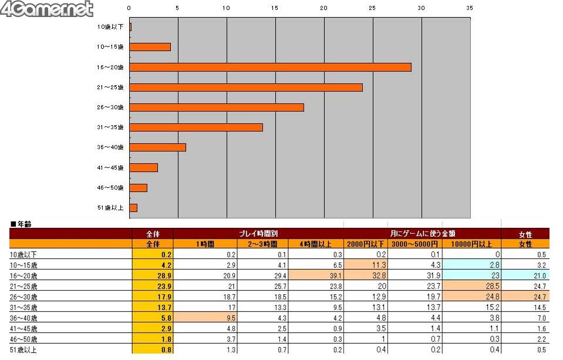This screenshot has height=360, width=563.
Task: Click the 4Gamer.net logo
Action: click(47, 9)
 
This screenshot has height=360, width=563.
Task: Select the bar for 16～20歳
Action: click(270, 67)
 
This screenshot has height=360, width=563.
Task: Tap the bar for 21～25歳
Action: click(245, 88)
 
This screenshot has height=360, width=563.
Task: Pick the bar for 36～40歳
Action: click(157, 147)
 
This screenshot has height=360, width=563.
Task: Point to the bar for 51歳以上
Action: click(133, 207)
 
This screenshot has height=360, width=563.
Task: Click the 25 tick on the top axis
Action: click(372, 8)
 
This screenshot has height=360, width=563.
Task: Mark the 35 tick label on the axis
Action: click(469, 8)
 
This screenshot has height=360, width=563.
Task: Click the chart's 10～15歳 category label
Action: click(110, 47)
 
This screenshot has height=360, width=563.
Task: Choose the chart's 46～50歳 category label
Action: click(110, 187)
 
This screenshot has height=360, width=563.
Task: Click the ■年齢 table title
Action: click(21, 224)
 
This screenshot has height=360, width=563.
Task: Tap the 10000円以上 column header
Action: click(471, 244)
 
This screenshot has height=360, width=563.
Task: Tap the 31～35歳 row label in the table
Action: click(24, 307)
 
